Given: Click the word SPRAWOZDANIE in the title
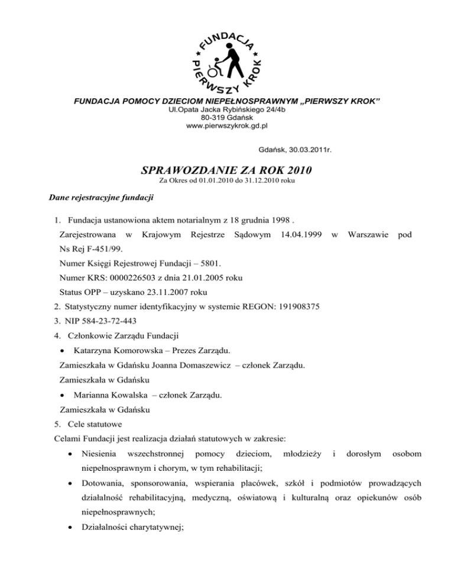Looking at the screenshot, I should (190, 170).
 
